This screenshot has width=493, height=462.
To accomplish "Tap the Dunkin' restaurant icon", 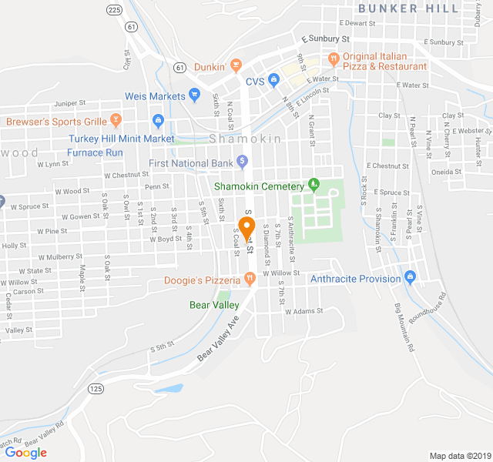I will tap(236, 65).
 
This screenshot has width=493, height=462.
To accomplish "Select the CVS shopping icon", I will tap(273, 80).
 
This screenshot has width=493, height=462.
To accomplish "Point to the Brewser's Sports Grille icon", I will tap(116, 120).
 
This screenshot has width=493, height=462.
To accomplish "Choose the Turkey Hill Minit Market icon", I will tap(158, 122).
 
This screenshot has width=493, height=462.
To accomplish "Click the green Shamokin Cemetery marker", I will tap(314, 183).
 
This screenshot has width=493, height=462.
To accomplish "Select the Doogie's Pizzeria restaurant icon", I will tap(250, 279).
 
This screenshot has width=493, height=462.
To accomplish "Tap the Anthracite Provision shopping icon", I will tap(410, 277).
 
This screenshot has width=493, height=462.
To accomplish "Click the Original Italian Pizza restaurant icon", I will tap(333, 57).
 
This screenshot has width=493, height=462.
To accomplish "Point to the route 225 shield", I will tap(115, 9).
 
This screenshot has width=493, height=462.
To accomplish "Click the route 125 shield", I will tap(96, 389).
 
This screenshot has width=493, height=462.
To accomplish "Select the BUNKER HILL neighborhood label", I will tap(409, 8).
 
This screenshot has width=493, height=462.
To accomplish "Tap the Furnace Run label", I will tap(95, 152).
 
